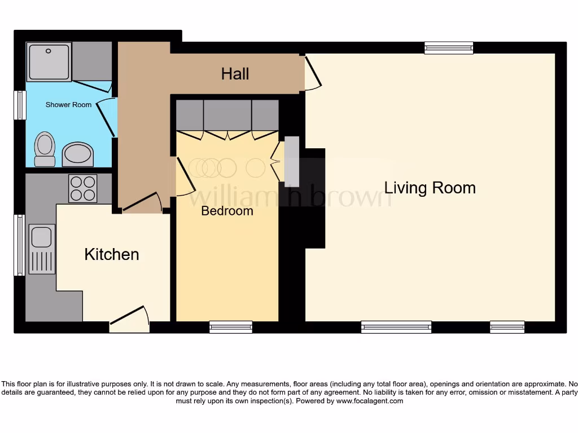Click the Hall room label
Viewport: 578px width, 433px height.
[235, 74]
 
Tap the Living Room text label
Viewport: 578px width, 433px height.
[430, 188]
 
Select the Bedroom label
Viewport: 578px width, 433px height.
[227, 211]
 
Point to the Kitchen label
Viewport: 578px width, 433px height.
[111, 254]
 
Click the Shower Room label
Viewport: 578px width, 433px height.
[68, 105]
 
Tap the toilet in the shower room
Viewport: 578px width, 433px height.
[45, 149]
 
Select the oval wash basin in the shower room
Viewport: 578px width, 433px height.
[77, 154]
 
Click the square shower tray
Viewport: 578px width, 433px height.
[49, 61]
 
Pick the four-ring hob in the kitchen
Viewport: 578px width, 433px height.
[82, 188]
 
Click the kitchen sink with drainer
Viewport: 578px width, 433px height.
[42, 249]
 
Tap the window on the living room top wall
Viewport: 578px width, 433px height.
[449, 48]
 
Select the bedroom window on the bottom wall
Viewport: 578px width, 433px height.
[230, 326]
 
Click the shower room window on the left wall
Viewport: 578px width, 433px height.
[20, 105]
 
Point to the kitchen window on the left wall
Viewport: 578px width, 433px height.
[20, 245]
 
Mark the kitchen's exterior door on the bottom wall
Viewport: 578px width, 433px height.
[129, 320]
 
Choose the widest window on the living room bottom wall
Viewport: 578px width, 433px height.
[396, 326]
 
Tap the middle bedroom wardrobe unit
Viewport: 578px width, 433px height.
[227, 116]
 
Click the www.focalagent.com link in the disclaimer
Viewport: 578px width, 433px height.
[370, 401]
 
